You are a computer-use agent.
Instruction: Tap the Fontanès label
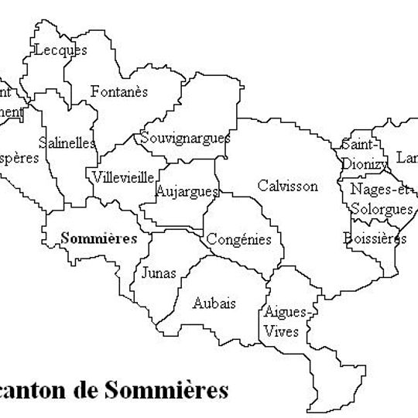pyautogui.click(x=119, y=91)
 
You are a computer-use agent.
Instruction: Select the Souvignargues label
pyautogui.click(x=185, y=139)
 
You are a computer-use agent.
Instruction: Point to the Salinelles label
pyautogui.click(x=67, y=143)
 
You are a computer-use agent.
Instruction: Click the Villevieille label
pyautogui.click(x=122, y=177)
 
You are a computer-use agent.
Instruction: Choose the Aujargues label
pyautogui.click(x=187, y=190)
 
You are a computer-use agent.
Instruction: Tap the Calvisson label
pyautogui.click(x=287, y=186)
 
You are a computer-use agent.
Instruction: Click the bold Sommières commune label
pyautogui.click(x=98, y=238)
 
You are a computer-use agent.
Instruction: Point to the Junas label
pyautogui.click(x=159, y=273)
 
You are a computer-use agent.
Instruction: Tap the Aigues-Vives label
pyautogui.click(x=286, y=321)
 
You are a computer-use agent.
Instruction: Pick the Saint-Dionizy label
pyautogui.click(x=359, y=153)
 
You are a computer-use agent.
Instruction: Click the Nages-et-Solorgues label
pyautogui.click(x=382, y=199)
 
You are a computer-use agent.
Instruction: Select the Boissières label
pyautogui.click(x=375, y=238)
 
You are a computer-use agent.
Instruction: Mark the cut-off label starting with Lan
pyautogui.click(x=406, y=158)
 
